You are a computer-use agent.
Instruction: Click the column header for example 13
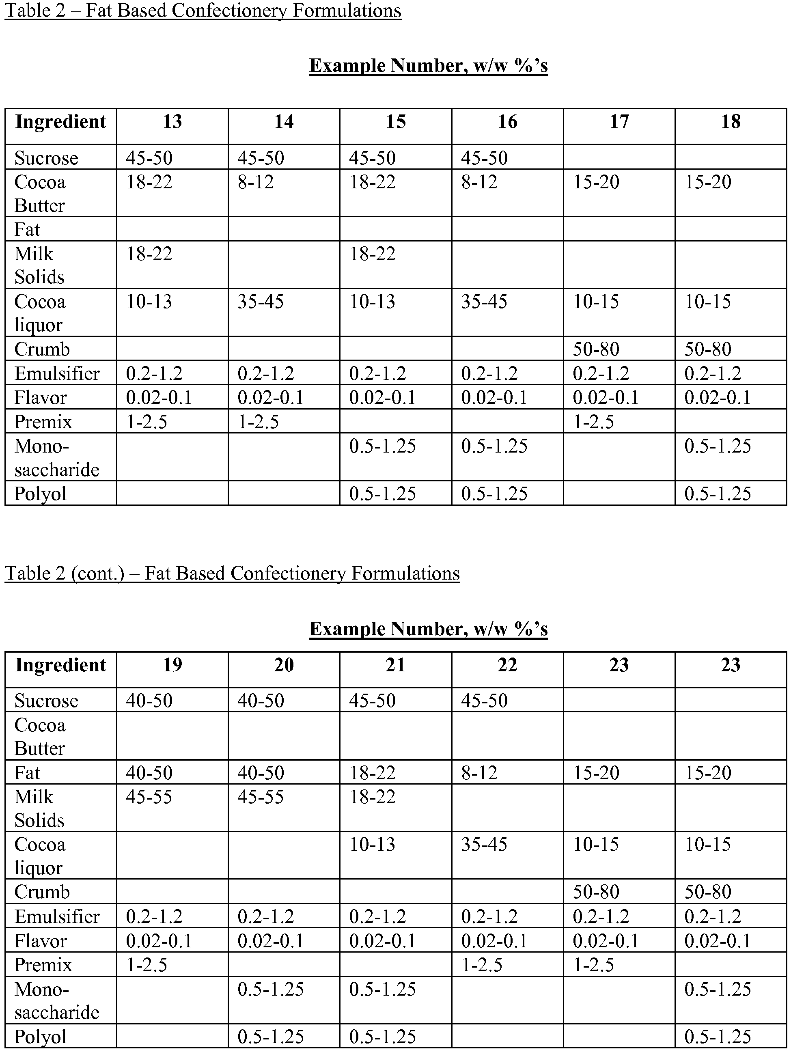click(172, 122)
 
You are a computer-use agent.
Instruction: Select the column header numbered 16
click(507, 122)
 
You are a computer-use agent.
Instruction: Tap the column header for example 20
click(284, 665)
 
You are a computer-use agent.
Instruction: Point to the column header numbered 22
click(507, 665)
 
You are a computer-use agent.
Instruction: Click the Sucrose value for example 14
click(261, 158)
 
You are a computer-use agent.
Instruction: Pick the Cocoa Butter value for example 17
click(596, 182)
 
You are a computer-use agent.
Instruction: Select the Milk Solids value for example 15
click(372, 254)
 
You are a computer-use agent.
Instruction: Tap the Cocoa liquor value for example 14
click(261, 302)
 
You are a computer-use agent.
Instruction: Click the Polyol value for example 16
click(494, 494)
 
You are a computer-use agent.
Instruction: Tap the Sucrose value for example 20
click(261, 701)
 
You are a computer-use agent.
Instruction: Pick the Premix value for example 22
click(482, 965)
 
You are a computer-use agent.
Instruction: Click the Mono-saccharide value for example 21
click(382, 990)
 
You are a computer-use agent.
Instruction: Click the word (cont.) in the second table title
click(97, 574)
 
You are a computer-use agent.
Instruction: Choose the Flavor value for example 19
click(159, 941)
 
